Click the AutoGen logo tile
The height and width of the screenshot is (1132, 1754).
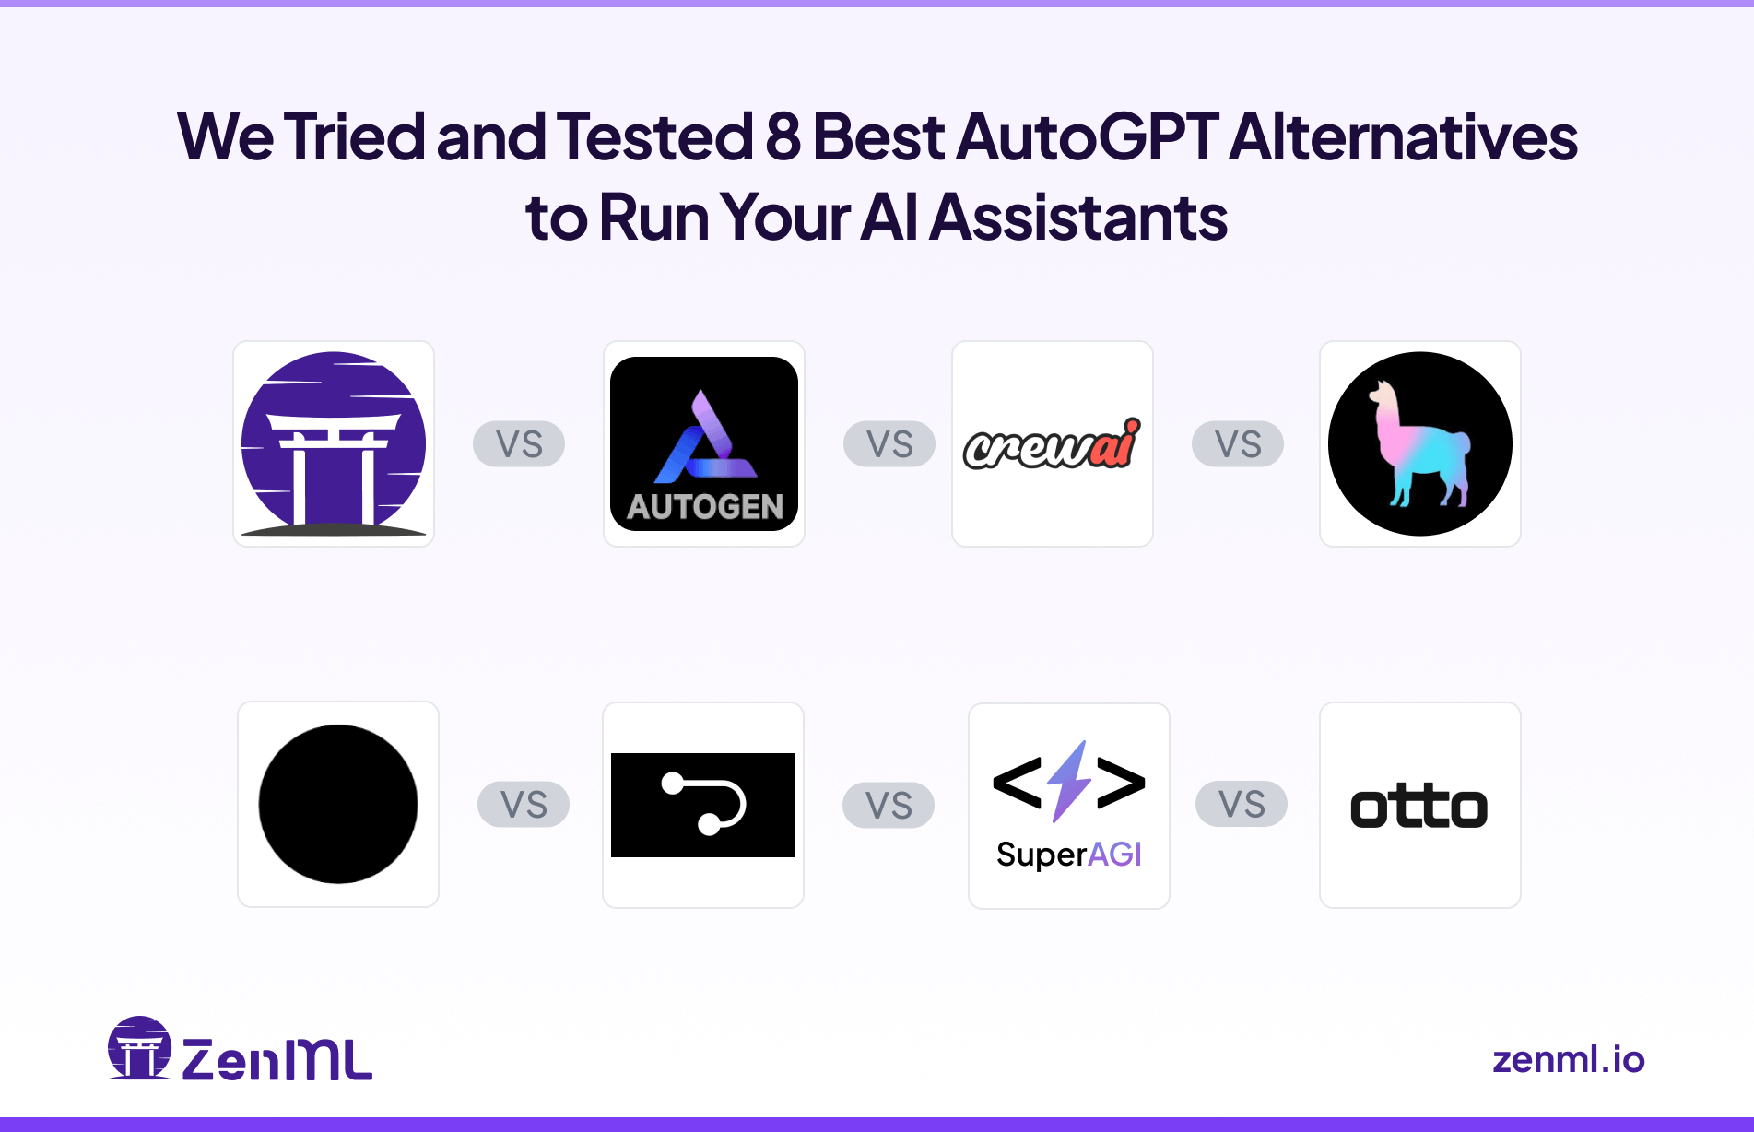click(704, 443)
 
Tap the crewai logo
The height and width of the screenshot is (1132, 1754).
click(1052, 444)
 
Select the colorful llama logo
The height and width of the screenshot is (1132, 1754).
click(1419, 443)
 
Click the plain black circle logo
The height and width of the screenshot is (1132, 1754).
click(338, 804)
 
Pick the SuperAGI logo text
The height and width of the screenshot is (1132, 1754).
click(1069, 855)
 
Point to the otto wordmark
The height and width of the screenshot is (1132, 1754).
click(1419, 807)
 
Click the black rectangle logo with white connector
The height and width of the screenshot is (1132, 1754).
click(703, 805)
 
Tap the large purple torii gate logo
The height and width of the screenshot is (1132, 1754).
click(334, 443)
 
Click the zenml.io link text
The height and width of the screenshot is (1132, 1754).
click(1568, 1059)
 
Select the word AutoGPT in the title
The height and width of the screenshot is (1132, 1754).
click(1088, 136)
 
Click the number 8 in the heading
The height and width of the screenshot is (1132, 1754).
click(783, 136)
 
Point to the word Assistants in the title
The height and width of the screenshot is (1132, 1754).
click(1077, 218)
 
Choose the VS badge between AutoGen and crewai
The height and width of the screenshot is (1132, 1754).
click(889, 444)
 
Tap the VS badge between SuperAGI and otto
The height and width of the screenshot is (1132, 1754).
click(1242, 804)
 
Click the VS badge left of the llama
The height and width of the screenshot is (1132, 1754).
click(1238, 444)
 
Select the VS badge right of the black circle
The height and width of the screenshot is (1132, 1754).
click(524, 805)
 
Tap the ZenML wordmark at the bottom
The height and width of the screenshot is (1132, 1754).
click(277, 1059)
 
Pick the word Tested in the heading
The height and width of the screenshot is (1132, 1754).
click(654, 136)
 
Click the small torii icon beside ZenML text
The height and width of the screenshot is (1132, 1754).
click(140, 1049)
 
